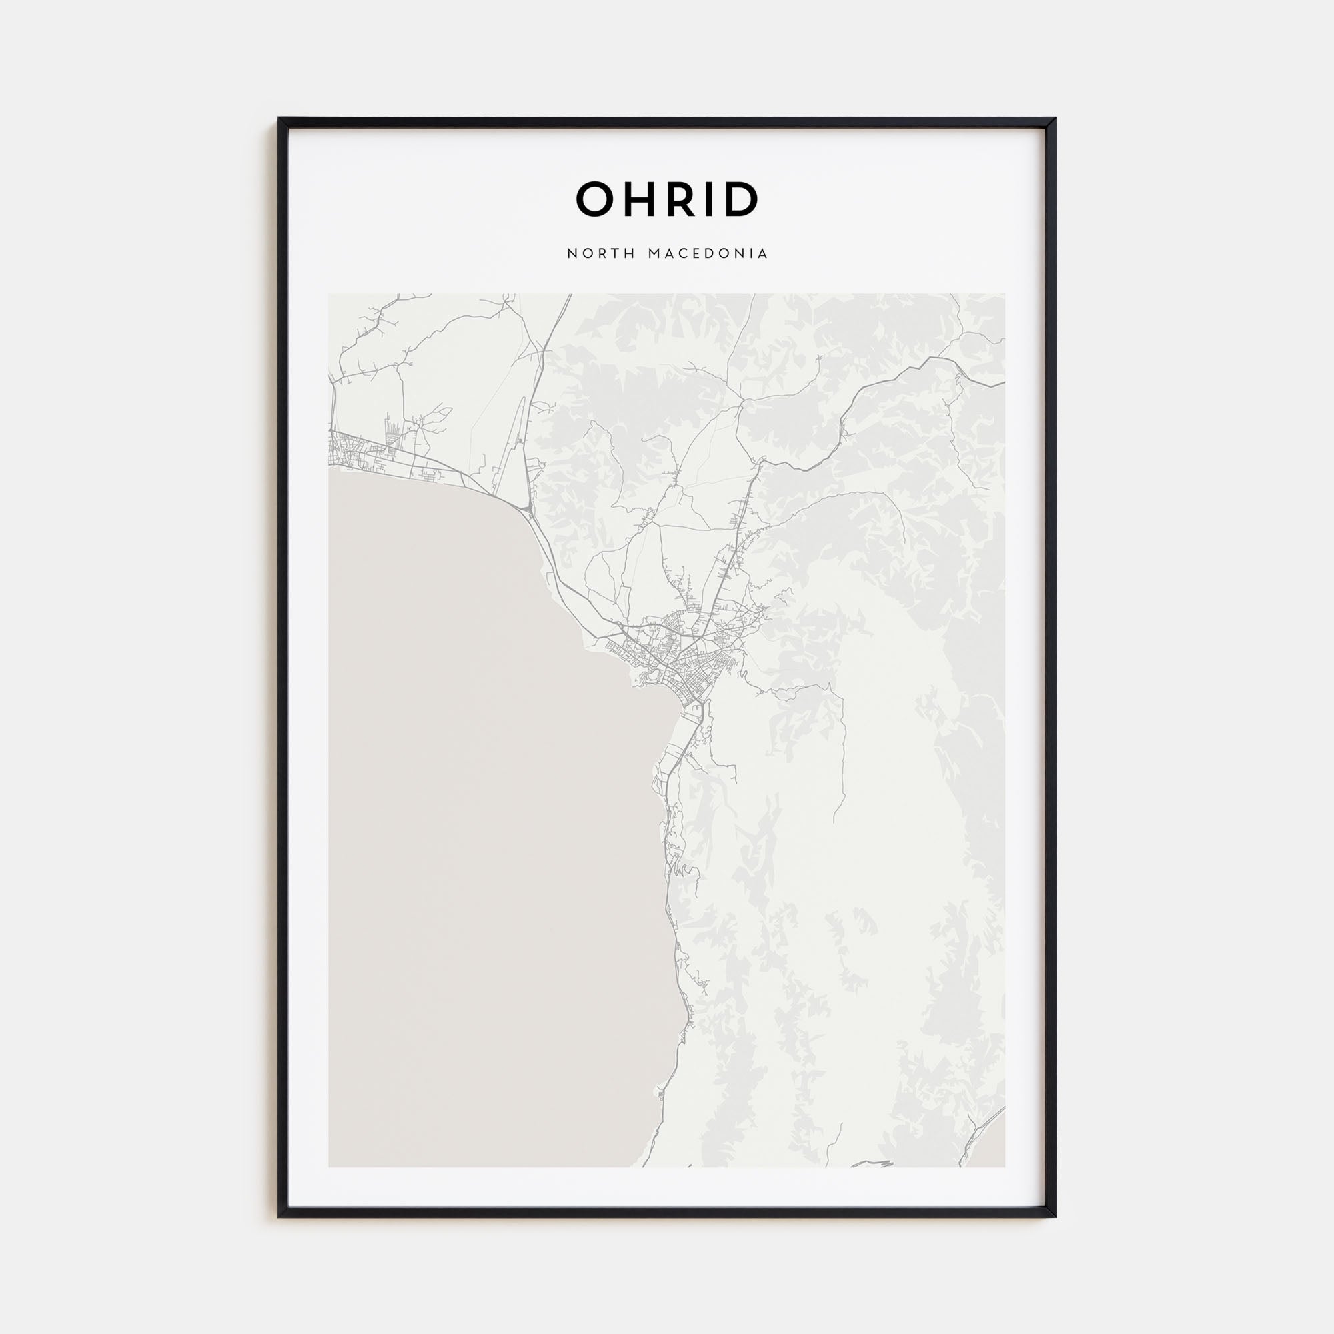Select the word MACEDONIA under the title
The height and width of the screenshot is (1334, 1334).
coord(708,254)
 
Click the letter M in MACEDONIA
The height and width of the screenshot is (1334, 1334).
coord(652,254)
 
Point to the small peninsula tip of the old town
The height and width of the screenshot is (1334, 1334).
coord(632,684)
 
